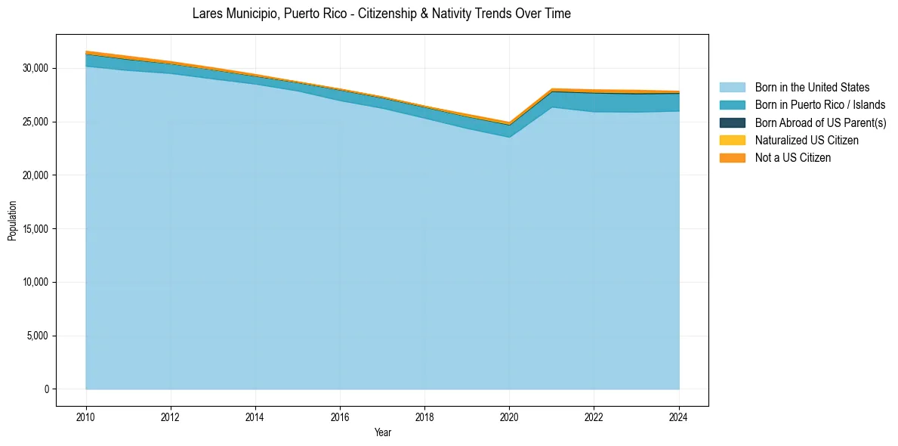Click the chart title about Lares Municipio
click(x=381, y=14)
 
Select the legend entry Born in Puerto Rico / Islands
click(x=820, y=105)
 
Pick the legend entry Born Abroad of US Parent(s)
click(x=820, y=122)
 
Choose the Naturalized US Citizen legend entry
click(x=807, y=140)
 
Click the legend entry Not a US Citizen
click(x=792, y=158)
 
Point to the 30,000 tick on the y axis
click(x=35, y=68)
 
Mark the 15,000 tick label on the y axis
click(x=35, y=229)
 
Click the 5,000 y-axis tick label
click(x=37, y=336)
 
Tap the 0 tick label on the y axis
click(x=46, y=389)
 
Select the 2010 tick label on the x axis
click(x=86, y=416)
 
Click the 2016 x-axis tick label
click(x=340, y=416)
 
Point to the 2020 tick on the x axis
click(x=509, y=416)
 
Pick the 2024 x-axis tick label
click(x=679, y=416)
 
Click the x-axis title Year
click(x=382, y=432)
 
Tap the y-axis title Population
click(x=12, y=221)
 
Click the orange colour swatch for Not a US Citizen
click(x=732, y=158)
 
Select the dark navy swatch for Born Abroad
click(x=732, y=122)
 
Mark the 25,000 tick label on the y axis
click(x=35, y=122)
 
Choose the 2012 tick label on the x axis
click(x=171, y=416)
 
